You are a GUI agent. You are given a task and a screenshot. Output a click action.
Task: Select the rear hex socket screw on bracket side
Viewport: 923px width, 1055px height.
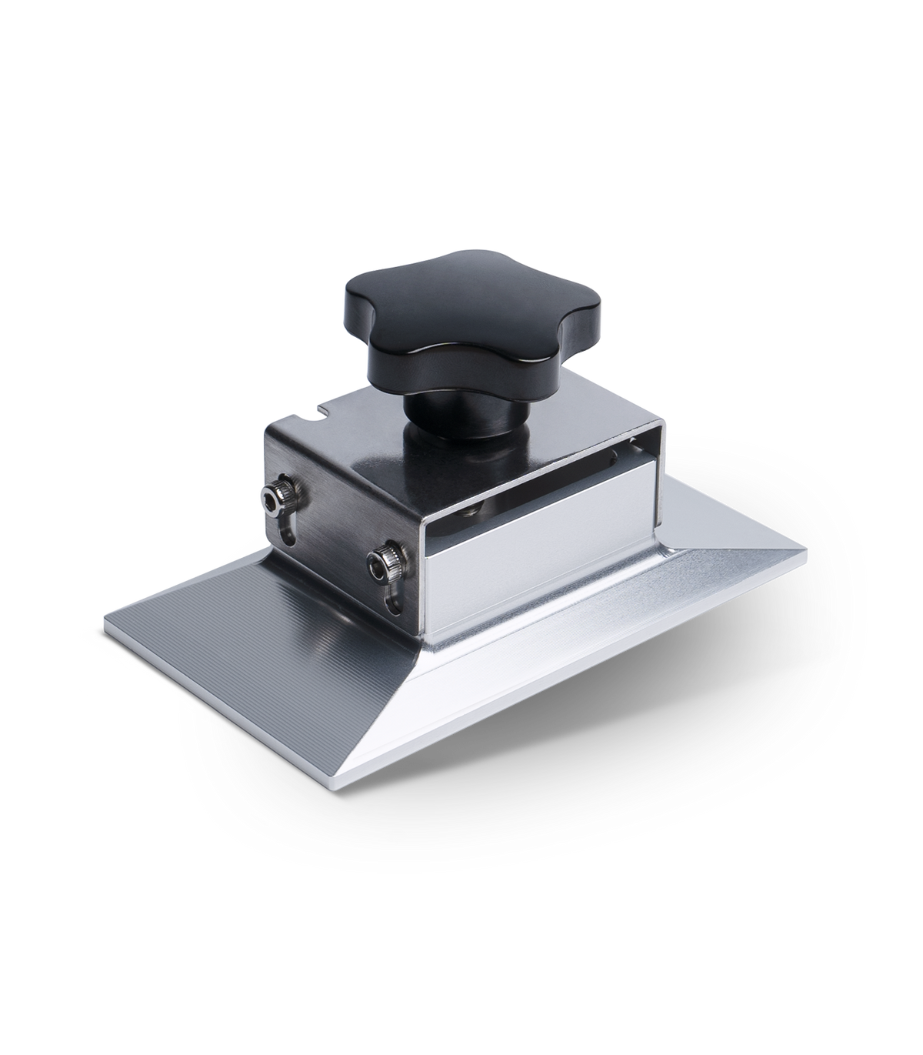(x=273, y=503)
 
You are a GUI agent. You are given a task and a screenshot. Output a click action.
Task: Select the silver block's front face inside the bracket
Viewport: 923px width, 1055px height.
(x=538, y=569)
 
